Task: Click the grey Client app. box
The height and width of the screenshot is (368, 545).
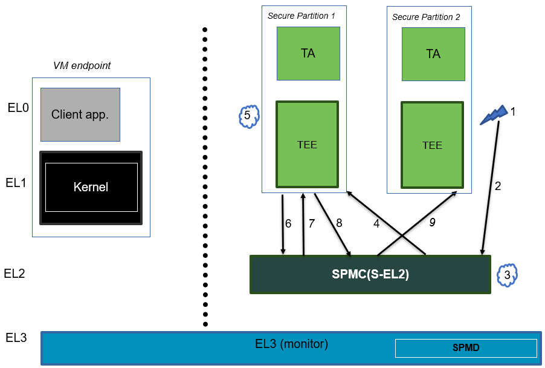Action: pos(80,114)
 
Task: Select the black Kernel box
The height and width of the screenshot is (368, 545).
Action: pos(91,188)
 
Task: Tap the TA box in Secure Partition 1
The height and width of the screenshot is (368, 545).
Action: pos(308,53)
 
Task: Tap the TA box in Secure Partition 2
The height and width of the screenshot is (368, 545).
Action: pos(433,54)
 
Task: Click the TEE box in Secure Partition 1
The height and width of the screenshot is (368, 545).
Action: pos(307,145)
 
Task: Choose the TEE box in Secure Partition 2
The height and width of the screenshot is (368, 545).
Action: pos(432,145)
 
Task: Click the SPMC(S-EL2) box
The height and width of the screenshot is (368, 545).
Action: pos(370,274)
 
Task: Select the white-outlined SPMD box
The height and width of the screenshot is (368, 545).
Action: pos(465,348)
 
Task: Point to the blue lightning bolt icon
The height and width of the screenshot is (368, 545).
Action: pos(493,115)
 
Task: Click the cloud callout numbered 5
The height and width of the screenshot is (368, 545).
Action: pos(248,116)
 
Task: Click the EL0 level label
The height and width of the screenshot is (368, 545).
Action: pos(17,108)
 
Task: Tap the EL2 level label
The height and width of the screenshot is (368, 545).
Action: pos(15,274)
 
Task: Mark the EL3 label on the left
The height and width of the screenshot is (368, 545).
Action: pos(16,338)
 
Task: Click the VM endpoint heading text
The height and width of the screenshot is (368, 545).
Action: pos(82,65)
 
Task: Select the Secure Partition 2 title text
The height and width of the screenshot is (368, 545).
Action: pos(426,17)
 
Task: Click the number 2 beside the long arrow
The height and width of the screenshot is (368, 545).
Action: pos(498,186)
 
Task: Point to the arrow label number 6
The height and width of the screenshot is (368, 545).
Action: pos(288,223)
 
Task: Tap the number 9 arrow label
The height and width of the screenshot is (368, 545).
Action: pos(431,223)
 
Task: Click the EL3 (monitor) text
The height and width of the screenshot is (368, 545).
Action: pos(291,344)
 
